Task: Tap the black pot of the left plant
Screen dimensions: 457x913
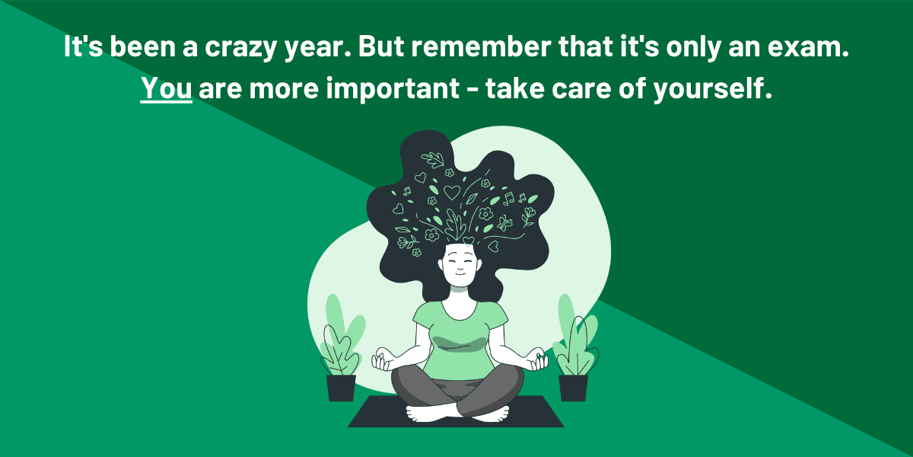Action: click(x=341, y=387)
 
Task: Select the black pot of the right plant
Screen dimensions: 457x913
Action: click(x=573, y=387)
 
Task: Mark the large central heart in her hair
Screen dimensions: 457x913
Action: click(x=452, y=192)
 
